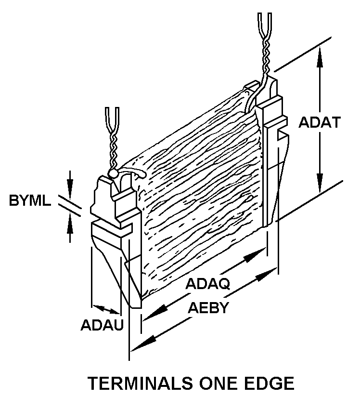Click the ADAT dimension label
(320, 122)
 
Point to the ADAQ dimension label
(208, 284)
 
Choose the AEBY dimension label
(208, 308)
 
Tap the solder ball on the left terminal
(114, 172)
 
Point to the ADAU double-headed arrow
(106, 309)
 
